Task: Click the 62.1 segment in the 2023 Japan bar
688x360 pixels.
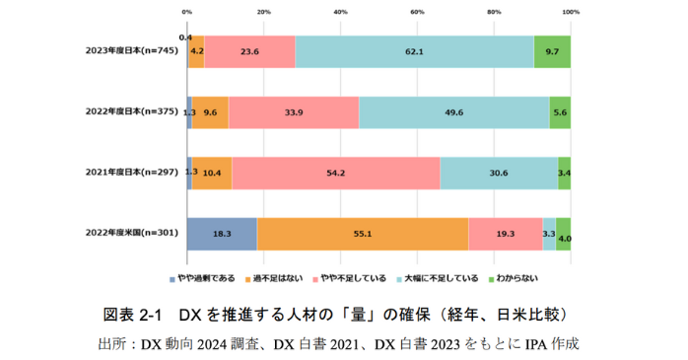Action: point(414,51)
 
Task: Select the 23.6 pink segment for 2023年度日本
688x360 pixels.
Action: point(249,51)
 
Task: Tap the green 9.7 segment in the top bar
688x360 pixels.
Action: point(552,51)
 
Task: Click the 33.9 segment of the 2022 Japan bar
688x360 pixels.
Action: point(293,112)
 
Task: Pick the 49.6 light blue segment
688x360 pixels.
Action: point(453,112)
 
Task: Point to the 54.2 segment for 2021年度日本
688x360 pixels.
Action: point(335,173)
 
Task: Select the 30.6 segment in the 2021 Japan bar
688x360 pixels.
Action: point(498,173)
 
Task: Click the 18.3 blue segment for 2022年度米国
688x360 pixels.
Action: point(222,234)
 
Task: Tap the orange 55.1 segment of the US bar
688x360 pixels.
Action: point(362,234)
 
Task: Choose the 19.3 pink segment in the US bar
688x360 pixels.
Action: point(505,234)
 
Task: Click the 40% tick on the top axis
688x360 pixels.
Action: point(340,11)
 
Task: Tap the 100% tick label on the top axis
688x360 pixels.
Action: point(571,11)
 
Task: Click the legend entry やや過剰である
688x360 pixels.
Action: point(205,279)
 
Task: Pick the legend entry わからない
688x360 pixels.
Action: point(516,279)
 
